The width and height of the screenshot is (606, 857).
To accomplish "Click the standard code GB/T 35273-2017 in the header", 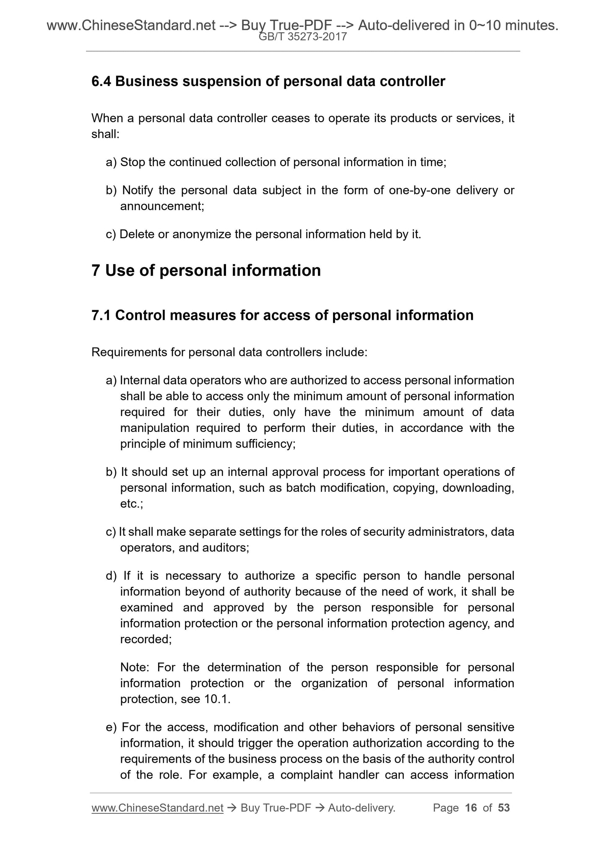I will coord(303,37).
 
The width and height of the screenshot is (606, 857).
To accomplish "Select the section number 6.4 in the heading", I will coord(101,81).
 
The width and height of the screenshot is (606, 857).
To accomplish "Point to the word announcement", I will coord(161,206).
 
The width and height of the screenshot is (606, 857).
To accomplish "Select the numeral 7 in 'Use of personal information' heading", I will coord(96,270).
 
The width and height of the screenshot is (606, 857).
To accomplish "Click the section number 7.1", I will coord(101,315).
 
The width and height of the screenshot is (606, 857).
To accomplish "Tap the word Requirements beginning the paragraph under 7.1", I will coord(129,352).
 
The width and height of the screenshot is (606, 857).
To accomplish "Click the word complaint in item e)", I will coord(306,775).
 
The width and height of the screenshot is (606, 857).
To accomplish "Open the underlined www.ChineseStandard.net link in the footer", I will coord(157,808).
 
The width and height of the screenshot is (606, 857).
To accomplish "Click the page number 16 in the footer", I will coord(471,808).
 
